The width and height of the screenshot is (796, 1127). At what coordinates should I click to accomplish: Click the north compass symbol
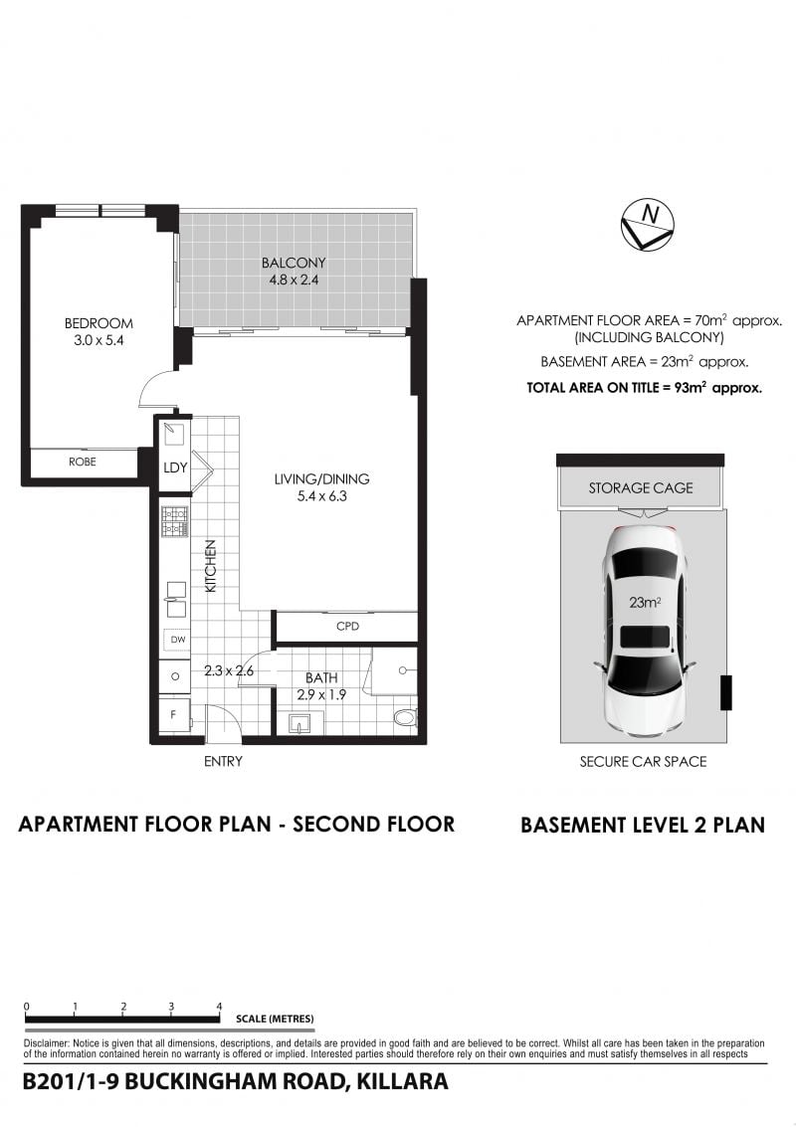(x=647, y=224)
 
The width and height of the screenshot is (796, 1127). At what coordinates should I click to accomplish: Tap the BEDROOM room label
(x=99, y=323)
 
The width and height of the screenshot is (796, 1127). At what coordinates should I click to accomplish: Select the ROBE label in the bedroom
(x=82, y=462)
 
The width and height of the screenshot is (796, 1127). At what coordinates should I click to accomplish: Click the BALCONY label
(x=294, y=263)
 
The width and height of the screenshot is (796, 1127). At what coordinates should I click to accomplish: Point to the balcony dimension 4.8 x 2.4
(x=294, y=281)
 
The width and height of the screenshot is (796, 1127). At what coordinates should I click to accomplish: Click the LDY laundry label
(x=175, y=468)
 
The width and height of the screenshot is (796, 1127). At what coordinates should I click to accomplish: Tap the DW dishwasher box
(x=177, y=639)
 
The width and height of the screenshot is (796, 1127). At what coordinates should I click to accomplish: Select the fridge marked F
(x=173, y=715)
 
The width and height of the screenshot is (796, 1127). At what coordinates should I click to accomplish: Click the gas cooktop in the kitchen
(x=175, y=522)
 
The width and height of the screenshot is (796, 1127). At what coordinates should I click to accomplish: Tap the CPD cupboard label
(x=347, y=626)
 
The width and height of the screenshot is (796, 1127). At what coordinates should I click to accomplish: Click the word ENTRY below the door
(x=223, y=761)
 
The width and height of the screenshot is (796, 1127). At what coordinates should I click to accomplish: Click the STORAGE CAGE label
(x=641, y=488)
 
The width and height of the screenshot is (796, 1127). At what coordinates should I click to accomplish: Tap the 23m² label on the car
(x=645, y=603)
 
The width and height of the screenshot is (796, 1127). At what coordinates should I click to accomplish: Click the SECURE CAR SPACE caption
(x=643, y=761)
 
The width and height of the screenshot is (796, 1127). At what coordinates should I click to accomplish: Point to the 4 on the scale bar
(x=219, y=1007)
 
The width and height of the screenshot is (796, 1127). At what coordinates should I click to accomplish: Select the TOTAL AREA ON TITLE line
(x=645, y=387)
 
